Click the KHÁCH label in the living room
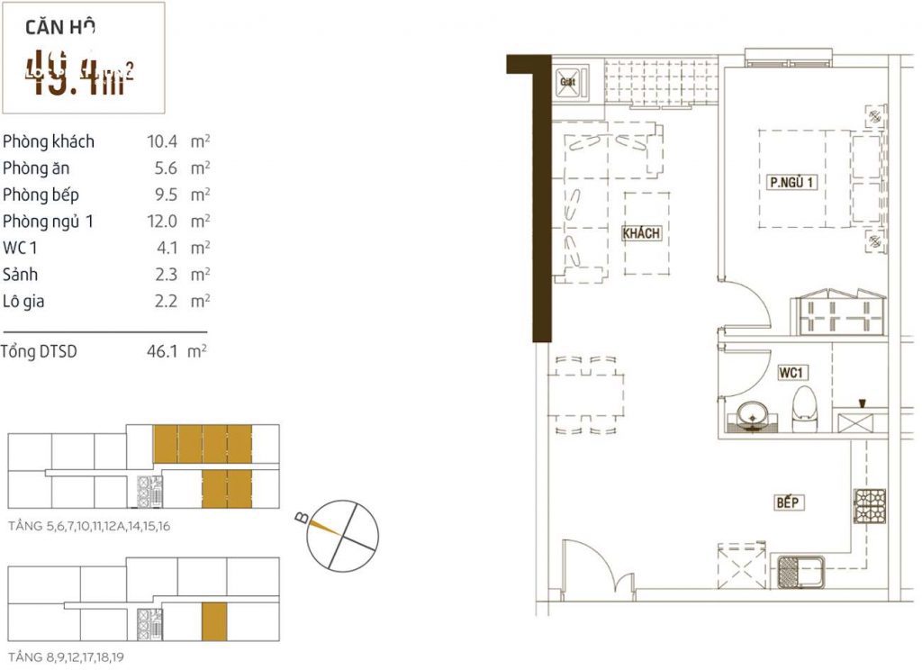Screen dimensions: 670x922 pyautogui.click(x=642, y=233)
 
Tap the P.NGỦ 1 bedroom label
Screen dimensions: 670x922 pyautogui.click(x=791, y=182)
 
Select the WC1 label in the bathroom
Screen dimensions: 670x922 pyautogui.click(x=791, y=372)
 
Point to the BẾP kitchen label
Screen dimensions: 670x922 pyautogui.click(x=789, y=502)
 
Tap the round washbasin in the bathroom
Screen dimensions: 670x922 pyautogui.click(x=751, y=415)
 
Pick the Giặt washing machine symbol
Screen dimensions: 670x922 pyautogui.click(x=568, y=82)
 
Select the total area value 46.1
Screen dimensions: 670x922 pyautogui.click(x=160, y=352)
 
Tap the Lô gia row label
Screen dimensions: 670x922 pyautogui.click(x=23, y=301)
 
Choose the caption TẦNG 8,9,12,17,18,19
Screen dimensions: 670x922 pyautogui.click(x=65, y=657)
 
